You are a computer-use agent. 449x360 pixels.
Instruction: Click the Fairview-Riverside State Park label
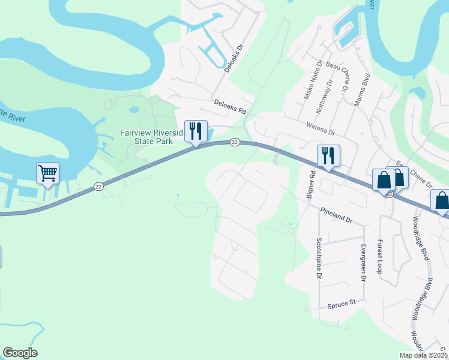point(146,137)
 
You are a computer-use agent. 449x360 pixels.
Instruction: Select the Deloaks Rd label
point(230,107)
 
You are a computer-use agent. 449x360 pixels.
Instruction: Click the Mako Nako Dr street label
point(313,80)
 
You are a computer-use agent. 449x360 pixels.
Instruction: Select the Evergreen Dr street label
point(363,263)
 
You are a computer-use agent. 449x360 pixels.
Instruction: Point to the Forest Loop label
point(379,257)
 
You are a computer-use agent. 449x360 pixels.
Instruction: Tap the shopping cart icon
point(47,173)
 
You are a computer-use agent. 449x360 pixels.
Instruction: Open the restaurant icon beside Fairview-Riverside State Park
point(196,131)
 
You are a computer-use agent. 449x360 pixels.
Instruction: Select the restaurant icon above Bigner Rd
point(328,155)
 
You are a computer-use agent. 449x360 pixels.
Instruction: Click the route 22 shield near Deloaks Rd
point(235,142)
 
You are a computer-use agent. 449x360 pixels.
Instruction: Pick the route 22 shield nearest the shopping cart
point(98,188)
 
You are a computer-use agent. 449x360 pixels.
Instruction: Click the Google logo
point(20,353)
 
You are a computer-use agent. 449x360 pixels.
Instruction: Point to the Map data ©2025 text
point(423,355)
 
